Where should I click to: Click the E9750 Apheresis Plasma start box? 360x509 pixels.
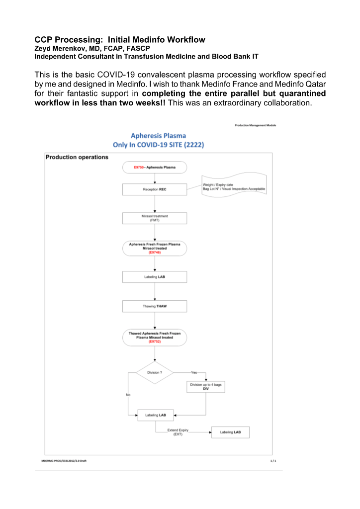click(155, 168)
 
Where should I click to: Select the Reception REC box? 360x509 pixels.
click(155, 189)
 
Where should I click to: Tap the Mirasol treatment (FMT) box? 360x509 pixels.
click(155, 218)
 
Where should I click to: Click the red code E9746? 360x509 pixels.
click(155, 253)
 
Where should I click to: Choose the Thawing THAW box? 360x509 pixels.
click(155, 306)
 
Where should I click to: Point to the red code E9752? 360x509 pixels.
click(155, 341)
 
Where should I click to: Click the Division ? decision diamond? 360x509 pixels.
click(155, 372)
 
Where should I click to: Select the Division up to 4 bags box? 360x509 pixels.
click(205, 387)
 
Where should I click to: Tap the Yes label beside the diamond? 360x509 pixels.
click(194, 372)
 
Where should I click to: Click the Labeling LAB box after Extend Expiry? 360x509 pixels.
click(230, 432)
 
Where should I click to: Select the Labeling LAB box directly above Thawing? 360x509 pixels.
click(155, 277)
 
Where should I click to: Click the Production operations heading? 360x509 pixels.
click(77, 157)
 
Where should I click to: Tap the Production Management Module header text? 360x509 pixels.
click(255, 125)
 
